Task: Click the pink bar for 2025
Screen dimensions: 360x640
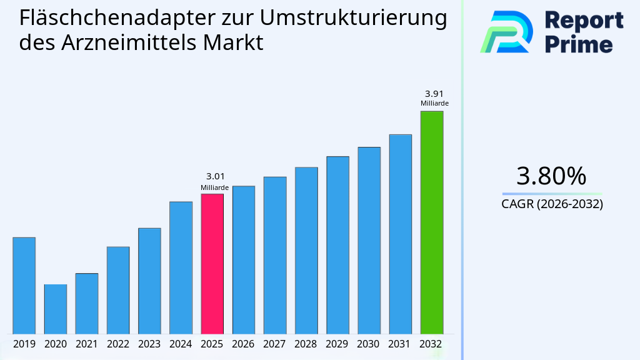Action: click(x=212, y=264)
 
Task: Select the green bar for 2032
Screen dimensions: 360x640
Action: click(x=431, y=222)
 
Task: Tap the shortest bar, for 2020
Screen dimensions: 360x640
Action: click(x=55, y=309)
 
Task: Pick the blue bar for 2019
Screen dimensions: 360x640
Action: click(x=24, y=286)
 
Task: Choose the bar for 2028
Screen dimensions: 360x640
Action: click(x=306, y=250)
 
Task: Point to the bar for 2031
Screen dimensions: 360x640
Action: click(x=400, y=234)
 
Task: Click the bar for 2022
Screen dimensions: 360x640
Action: click(x=118, y=290)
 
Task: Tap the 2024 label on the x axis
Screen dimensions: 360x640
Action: click(x=181, y=344)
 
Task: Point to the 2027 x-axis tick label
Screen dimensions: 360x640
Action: click(x=274, y=344)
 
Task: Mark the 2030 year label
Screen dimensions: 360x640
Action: click(x=369, y=344)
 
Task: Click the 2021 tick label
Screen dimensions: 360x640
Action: click(x=86, y=344)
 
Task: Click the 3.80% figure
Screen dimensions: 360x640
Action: click(x=552, y=176)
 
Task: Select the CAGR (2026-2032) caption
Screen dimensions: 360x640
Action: click(x=552, y=204)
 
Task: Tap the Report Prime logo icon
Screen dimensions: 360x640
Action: click(x=506, y=31)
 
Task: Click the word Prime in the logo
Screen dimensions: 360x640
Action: click(x=579, y=44)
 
